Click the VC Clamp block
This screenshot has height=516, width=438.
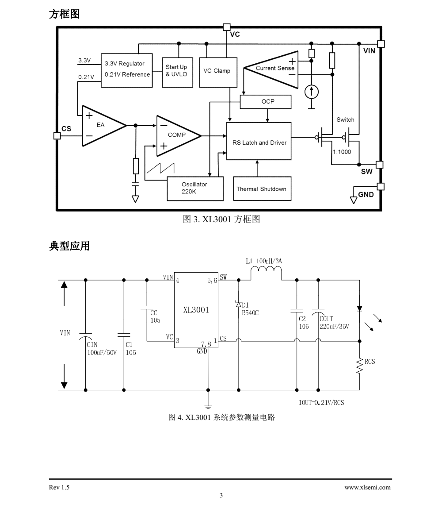point(218,73)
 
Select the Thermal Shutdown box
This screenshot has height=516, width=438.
point(262,189)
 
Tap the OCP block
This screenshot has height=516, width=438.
point(266,102)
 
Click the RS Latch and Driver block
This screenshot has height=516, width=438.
point(259,141)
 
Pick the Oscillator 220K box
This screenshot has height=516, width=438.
point(195,189)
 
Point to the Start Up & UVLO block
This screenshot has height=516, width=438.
point(177,73)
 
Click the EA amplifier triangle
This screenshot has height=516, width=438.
point(104,125)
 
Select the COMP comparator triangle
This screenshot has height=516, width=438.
point(179,135)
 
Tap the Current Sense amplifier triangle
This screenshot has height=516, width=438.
point(271,70)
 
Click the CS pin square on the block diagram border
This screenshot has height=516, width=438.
point(57,135)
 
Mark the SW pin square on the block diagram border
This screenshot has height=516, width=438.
point(380,165)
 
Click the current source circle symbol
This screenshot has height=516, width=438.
point(312,92)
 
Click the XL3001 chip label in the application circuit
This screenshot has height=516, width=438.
point(196,310)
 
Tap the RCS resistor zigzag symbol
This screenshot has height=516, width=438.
point(359,366)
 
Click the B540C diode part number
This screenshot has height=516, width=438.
point(250,312)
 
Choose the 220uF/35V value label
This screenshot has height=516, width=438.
point(334,327)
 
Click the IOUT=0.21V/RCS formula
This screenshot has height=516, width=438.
point(321,402)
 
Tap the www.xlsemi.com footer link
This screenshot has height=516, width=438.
point(367,487)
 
